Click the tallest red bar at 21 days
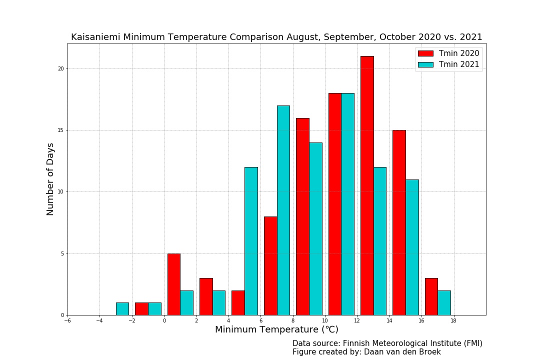click(x=367, y=185)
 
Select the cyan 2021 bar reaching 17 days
click(x=283, y=210)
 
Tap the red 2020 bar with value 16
click(x=302, y=216)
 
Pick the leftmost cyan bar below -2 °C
click(x=122, y=308)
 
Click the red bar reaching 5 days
click(x=173, y=284)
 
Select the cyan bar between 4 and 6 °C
click(x=251, y=241)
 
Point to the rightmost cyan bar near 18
click(x=444, y=302)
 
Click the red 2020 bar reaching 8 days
click(x=270, y=265)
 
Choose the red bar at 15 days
click(x=399, y=222)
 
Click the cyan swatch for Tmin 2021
click(x=425, y=64)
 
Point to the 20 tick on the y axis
click(x=62, y=68)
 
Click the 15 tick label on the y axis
click(x=62, y=130)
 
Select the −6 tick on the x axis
click(x=67, y=321)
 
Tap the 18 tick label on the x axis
click(x=453, y=321)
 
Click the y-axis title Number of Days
click(x=50, y=179)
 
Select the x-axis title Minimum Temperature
click(x=276, y=330)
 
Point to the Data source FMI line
click(x=387, y=343)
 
